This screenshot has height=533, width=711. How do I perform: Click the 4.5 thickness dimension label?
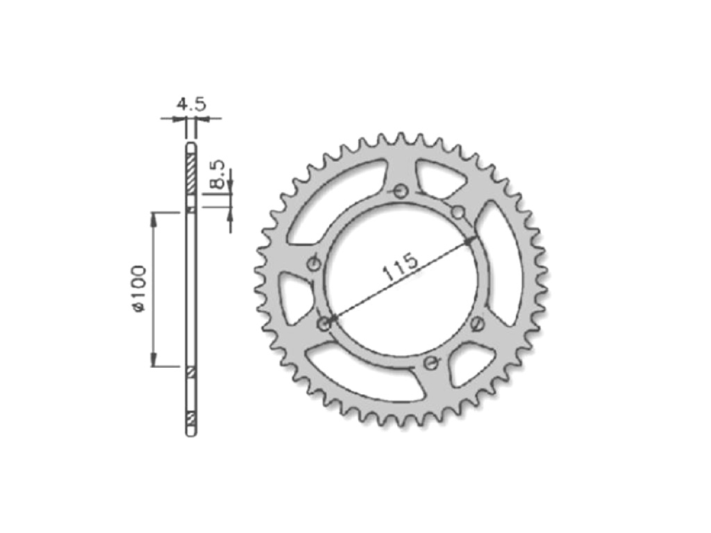tap(192, 105)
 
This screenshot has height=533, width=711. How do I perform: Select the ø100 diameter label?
tap(138, 289)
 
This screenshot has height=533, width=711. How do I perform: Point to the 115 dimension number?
tap(401, 267)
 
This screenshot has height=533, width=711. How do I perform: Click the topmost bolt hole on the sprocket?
tap(401, 192)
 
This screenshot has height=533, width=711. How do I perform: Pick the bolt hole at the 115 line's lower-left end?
tap(324, 323)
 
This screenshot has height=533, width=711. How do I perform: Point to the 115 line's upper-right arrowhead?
tap(470, 241)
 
